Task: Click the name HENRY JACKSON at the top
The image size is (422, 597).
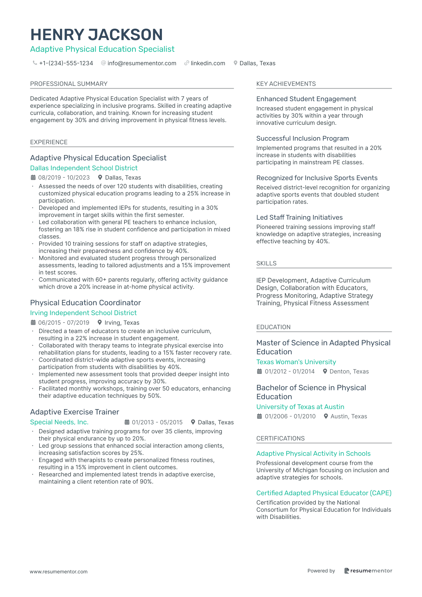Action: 96,35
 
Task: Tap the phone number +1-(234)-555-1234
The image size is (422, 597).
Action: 66,63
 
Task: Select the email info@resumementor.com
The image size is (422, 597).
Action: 142,63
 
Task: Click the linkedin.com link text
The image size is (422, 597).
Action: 208,63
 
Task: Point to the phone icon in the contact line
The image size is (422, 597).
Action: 35,63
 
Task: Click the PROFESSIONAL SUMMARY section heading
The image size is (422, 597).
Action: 69,84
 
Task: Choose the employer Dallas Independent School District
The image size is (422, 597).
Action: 84,168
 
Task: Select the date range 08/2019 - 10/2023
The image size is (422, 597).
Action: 64,177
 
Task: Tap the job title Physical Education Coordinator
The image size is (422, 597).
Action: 85,303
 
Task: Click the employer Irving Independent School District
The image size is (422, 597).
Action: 83,313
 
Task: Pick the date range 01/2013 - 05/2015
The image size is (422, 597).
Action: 157,422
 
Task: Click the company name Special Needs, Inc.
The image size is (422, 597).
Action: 59,422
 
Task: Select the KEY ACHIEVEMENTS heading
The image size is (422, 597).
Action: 286,84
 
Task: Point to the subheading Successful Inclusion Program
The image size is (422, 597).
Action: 303,138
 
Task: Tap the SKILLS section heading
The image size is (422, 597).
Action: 266,263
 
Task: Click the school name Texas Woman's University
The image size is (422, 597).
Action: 296,362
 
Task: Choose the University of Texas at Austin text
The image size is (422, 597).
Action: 300,407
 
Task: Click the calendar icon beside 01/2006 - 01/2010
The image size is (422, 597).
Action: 259,416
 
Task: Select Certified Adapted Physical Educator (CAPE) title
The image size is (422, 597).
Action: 324,493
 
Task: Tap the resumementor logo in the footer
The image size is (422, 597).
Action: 368,571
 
